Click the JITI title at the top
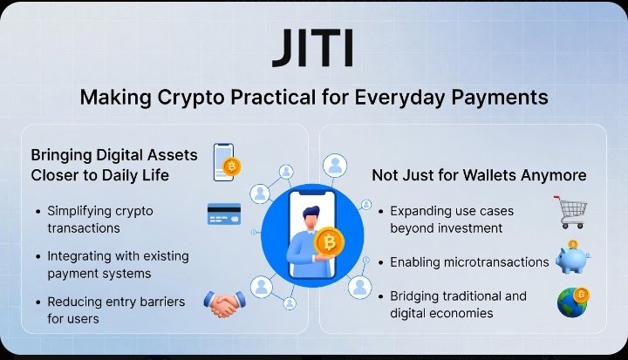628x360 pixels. click(313, 49)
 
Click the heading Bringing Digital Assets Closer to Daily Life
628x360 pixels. click(114, 164)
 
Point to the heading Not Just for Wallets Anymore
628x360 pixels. click(479, 175)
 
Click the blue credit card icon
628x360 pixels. click(224, 214)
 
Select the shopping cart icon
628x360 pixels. click(571, 211)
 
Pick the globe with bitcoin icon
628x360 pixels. click(574, 302)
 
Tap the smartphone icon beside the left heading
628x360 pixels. click(226, 162)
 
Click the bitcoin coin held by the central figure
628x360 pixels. click(329, 241)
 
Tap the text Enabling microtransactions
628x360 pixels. click(469, 262)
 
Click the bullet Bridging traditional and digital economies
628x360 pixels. click(458, 304)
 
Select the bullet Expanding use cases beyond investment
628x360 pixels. click(451, 220)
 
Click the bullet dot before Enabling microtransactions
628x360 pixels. click(381, 262)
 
